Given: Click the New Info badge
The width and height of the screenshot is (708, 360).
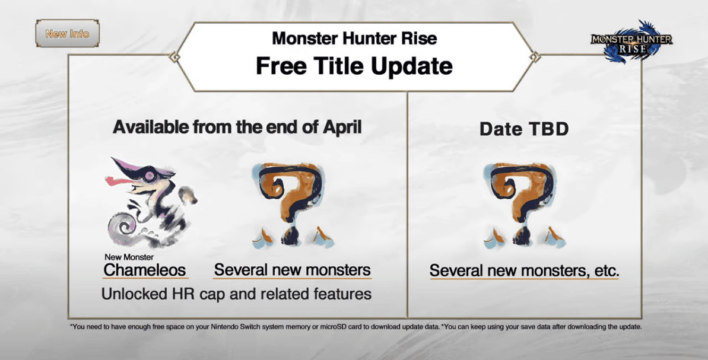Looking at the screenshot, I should [67, 34].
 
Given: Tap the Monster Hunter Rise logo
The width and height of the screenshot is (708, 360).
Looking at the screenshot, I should [631, 42].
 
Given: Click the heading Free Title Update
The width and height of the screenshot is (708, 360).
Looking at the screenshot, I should [354, 66].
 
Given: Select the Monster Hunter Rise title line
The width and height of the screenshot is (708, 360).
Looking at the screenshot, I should [354, 39].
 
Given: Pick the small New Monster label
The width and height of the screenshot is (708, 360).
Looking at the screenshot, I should [129, 257].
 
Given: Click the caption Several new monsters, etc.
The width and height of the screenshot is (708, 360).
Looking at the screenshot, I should [524, 271].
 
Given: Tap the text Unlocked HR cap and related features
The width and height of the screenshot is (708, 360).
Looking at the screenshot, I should [236, 294].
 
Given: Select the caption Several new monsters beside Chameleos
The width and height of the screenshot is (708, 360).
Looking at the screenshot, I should [292, 270].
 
